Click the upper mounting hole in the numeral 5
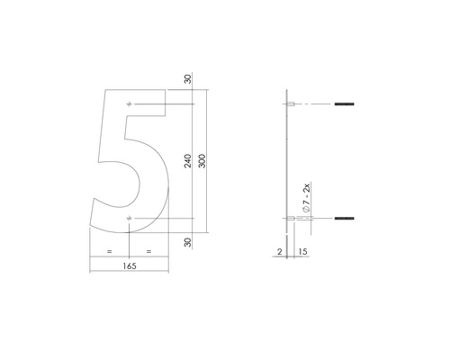coord(130,105)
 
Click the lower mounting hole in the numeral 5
coord(130,218)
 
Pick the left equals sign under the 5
coord(110,251)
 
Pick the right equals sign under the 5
coord(148,251)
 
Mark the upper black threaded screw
coord(345,105)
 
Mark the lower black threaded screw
coord(345,218)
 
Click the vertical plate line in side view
coord(287,162)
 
